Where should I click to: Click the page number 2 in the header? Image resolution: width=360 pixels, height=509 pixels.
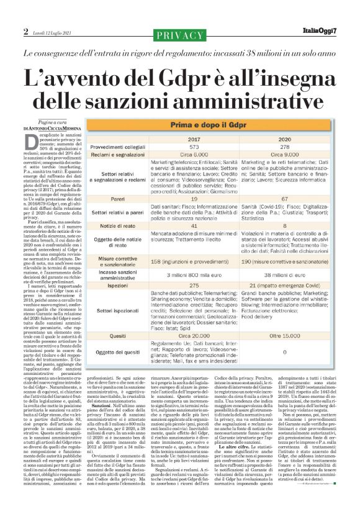25,32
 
